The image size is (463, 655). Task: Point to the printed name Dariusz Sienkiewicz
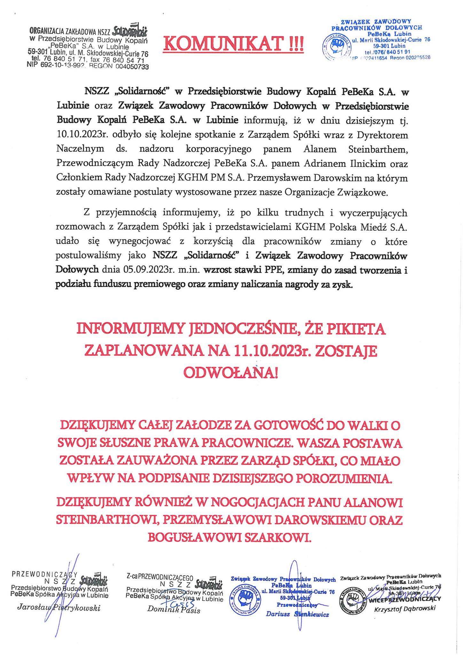[297, 614]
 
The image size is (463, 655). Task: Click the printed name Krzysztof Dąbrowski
[404, 609]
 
